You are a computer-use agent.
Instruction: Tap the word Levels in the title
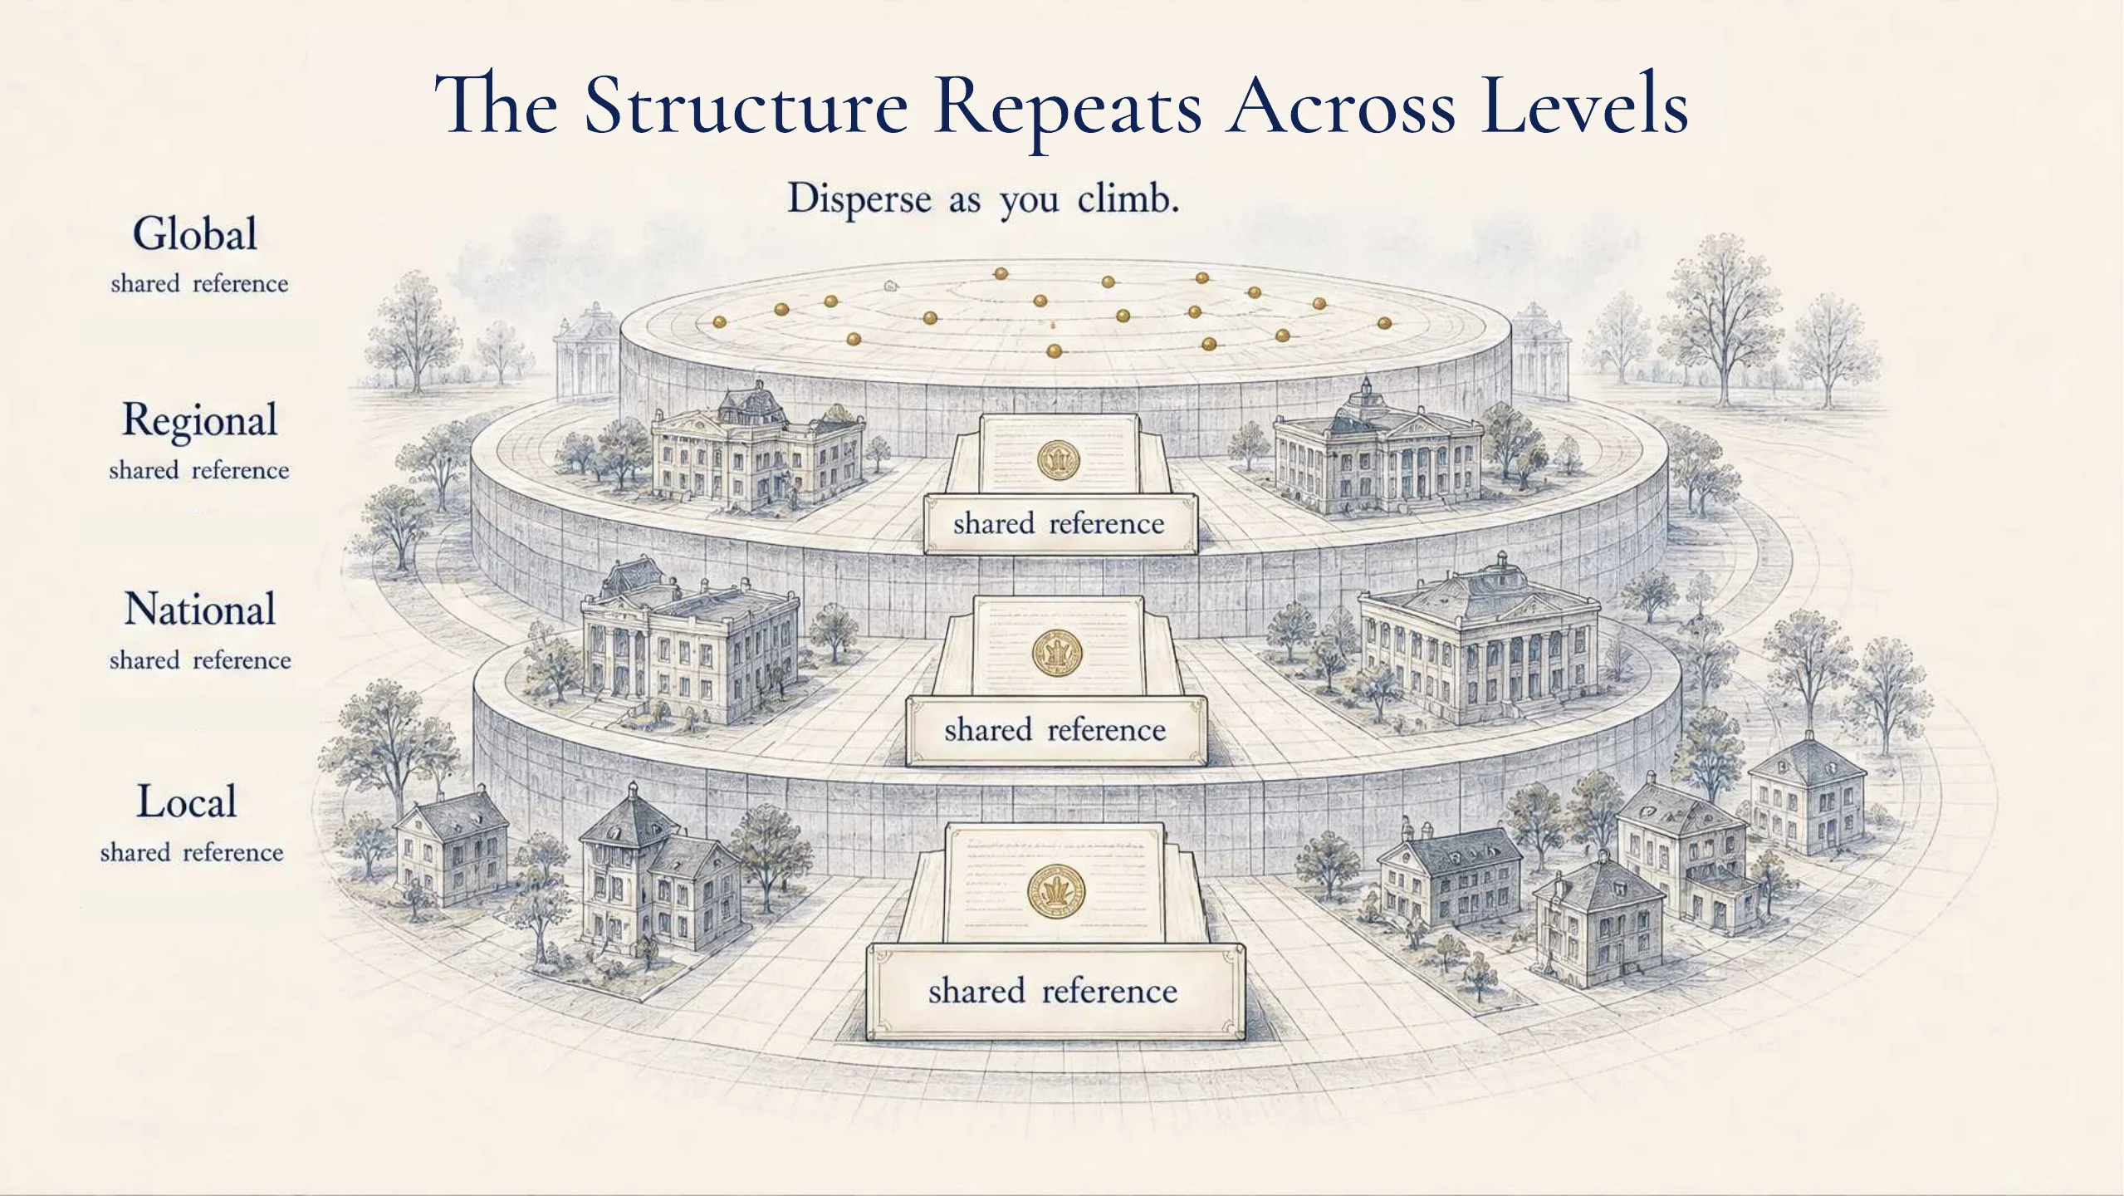(x=1584, y=105)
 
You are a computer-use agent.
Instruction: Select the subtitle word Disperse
(x=859, y=199)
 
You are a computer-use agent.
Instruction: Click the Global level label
(x=195, y=233)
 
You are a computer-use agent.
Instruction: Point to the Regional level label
(x=199, y=421)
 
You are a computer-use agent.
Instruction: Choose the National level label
(x=200, y=610)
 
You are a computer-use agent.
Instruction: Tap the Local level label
(x=187, y=801)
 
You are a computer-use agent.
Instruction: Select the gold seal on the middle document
(x=1057, y=652)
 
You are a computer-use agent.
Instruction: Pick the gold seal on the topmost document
(x=1059, y=460)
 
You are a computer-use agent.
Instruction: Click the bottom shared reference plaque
(x=1055, y=992)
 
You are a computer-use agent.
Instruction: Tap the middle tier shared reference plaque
(x=1055, y=730)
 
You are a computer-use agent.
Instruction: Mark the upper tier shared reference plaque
(x=1060, y=524)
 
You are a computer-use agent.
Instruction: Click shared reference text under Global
(x=199, y=284)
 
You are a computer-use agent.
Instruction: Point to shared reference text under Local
(x=192, y=853)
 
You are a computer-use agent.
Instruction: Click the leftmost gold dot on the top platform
(x=720, y=322)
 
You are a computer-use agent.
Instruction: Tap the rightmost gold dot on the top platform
(x=1384, y=323)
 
